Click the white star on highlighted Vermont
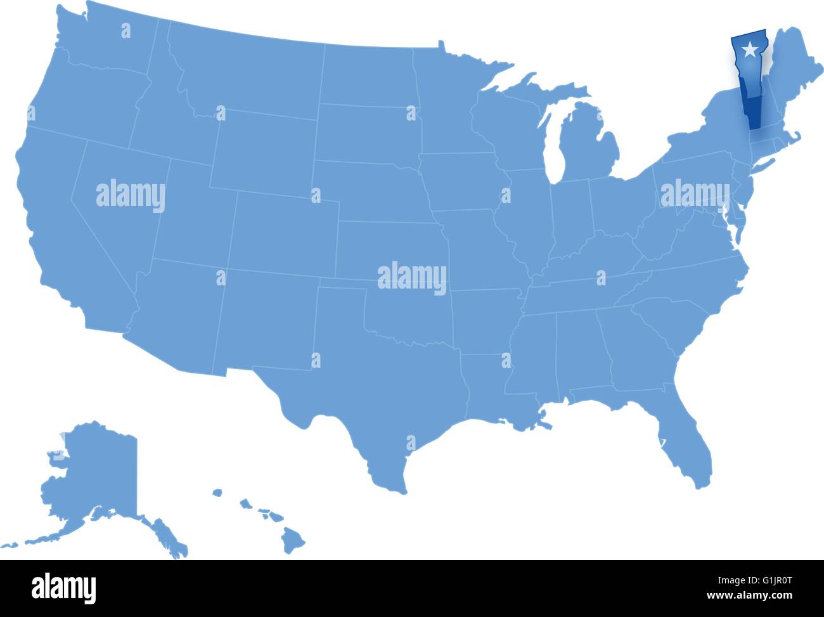[750, 48]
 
